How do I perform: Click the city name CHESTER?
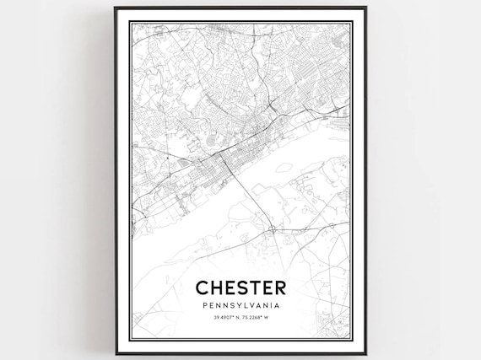(240, 287)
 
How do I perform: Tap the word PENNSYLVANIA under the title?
(240, 304)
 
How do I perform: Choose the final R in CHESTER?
(279, 287)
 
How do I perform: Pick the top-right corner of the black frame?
(365, 8)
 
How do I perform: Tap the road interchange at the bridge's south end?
(272, 228)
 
